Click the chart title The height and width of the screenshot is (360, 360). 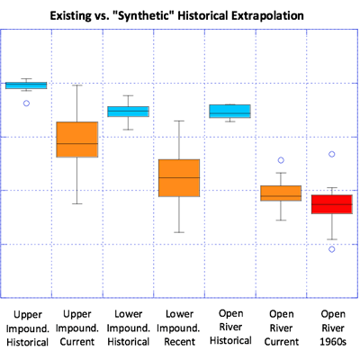[x=180, y=15]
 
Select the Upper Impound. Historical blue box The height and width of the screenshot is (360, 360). [x=26, y=85]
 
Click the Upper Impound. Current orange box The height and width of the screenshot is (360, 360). [x=77, y=139]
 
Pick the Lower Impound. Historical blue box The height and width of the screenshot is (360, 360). [x=129, y=112]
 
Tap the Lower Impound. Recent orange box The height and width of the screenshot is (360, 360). [x=180, y=178]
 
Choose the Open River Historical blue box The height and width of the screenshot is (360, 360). [x=230, y=112]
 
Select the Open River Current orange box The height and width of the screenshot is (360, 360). [x=281, y=193]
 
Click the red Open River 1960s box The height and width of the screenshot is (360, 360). [x=332, y=204]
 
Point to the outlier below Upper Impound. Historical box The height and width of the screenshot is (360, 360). [x=27, y=103]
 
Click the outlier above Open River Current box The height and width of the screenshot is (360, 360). [x=281, y=161]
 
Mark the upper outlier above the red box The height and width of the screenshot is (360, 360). [x=332, y=155]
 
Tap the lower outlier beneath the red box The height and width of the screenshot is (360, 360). [x=332, y=249]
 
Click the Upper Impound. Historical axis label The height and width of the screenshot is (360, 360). [x=26, y=328]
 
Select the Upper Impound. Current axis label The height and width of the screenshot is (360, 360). [x=77, y=328]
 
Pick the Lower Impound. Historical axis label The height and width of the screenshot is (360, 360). [x=129, y=328]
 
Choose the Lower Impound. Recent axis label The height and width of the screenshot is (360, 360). [x=180, y=328]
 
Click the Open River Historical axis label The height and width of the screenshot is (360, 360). [x=230, y=328]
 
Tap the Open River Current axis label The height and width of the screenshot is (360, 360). [x=281, y=328]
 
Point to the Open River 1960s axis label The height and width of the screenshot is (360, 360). [x=332, y=328]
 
